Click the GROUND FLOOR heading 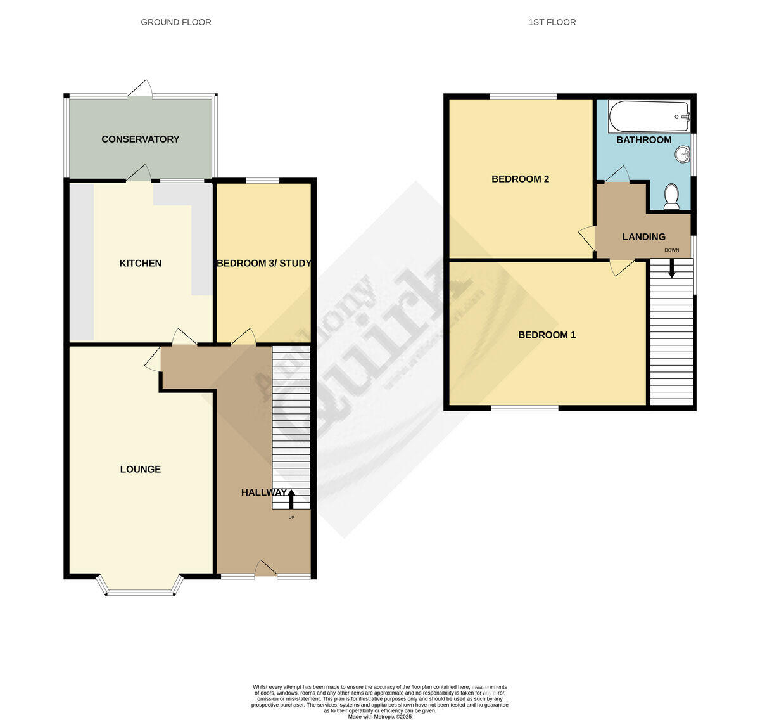(x=176, y=22)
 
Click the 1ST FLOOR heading (x=552, y=22)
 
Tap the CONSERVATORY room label (x=141, y=139)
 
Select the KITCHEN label (x=141, y=263)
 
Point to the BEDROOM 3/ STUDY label (x=263, y=263)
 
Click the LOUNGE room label (x=141, y=469)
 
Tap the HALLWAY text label (x=263, y=492)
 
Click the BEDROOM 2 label (x=520, y=179)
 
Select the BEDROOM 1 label (x=547, y=335)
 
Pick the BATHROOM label (x=643, y=139)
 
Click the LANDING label (x=643, y=237)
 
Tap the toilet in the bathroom (x=671, y=196)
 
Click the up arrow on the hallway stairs (x=291, y=499)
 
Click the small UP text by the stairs (x=291, y=518)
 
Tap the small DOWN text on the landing (x=671, y=250)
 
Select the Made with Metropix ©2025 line (x=380, y=716)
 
